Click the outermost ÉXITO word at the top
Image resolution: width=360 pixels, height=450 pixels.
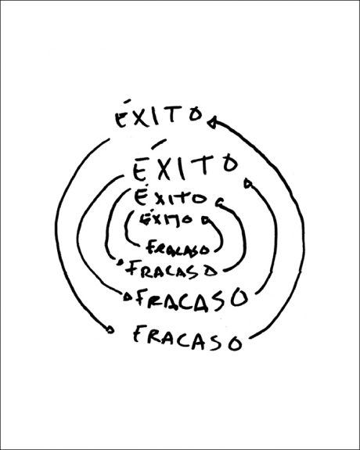(x=159, y=115)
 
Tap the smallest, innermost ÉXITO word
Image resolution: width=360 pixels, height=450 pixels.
(x=165, y=220)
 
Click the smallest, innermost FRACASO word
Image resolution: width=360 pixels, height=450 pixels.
(x=177, y=247)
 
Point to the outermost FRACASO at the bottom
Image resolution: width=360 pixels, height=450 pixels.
(x=188, y=338)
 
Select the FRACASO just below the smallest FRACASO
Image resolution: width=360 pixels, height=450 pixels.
(x=171, y=270)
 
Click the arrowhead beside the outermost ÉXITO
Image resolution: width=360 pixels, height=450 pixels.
(x=212, y=122)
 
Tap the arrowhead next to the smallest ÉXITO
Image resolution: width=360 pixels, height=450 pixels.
(x=206, y=221)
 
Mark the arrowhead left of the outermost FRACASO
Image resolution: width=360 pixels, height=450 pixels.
(x=110, y=329)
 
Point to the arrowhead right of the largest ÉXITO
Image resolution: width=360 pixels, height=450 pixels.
(x=247, y=183)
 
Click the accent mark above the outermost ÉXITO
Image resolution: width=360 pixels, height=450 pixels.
(x=127, y=101)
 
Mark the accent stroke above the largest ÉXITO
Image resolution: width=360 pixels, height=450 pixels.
(x=159, y=144)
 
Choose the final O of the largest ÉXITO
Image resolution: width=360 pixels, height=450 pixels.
(x=231, y=164)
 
